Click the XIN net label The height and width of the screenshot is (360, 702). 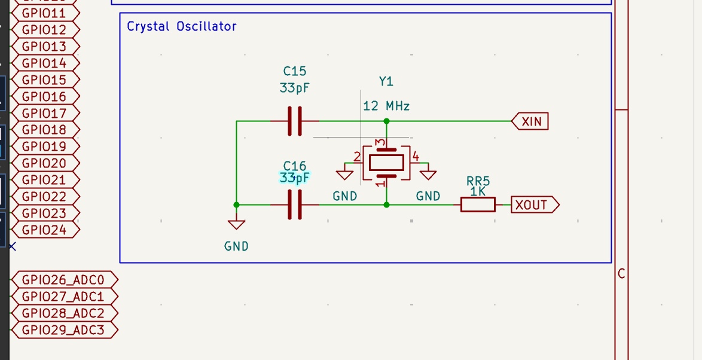[530, 122]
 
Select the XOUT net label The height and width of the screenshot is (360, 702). [533, 205]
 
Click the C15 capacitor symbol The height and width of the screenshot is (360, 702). [295, 121]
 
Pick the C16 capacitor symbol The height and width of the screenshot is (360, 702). [295, 205]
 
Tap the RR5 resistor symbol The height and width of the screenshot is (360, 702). [478, 205]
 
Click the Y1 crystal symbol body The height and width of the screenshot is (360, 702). [386, 162]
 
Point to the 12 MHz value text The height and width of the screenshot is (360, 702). [386, 106]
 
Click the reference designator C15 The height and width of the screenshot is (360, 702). [295, 72]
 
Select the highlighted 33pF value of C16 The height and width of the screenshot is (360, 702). [295, 178]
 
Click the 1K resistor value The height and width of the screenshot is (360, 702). [478, 192]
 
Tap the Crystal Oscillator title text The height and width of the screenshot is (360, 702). [182, 27]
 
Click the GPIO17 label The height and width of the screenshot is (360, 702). [44, 113]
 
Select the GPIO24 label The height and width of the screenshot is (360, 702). [44, 230]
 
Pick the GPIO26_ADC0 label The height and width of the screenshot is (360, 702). [63, 280]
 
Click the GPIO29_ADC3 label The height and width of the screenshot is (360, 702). [63, 330]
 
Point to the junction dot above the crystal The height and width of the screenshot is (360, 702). [386, 121]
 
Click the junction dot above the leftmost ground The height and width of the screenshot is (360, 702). [237, 205]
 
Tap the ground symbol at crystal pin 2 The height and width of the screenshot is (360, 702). [344, 174]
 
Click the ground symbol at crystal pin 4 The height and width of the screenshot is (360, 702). [428, 174]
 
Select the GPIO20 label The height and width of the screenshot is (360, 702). [44, 163]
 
